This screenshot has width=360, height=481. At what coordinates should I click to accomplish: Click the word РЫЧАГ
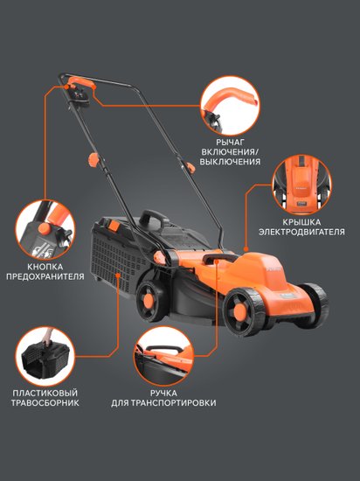(x=230, y=143)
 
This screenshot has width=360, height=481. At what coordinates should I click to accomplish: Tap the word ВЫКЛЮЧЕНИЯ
(x=230, y=162)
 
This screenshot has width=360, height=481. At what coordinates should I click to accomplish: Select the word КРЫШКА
(x=301, y=222)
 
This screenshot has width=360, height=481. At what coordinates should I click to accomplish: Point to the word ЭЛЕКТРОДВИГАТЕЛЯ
(x=301, y=232)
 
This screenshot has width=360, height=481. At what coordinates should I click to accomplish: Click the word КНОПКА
(x=45, y=267)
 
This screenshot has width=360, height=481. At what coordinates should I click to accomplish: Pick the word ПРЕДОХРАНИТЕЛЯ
(x=45, y=276)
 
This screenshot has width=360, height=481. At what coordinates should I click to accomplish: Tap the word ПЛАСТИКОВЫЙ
(x=45, y=393)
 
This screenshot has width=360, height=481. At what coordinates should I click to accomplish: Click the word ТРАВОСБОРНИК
(x=45, y=403)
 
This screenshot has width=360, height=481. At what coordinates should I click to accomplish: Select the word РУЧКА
(x=163, y=393)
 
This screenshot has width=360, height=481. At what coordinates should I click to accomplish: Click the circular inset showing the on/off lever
(x=230, y=106)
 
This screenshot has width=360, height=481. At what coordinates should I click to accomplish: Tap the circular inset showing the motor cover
(x=301, y=185)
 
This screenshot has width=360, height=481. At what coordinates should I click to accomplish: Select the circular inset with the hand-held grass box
(x=45, y=357)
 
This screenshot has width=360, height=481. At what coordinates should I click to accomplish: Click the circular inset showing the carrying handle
(x=163, y=357)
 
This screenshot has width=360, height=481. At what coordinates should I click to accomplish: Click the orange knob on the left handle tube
(x=93, y=160)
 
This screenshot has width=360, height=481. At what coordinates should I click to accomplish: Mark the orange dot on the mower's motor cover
(x=246, y=249)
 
